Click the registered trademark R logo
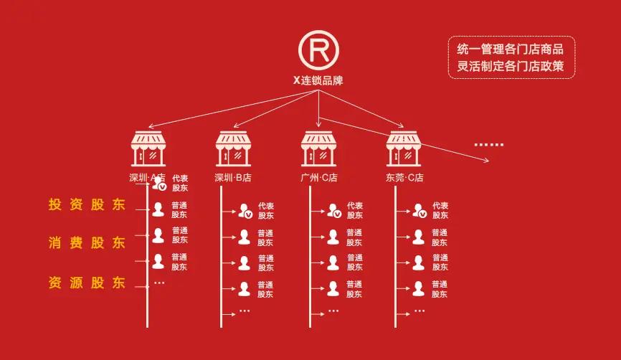tap(318, 50)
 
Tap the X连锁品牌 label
tap(318, 80)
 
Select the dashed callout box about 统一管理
tap(511, 57)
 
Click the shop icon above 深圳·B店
tap(233, 149)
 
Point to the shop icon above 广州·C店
tap(318, 149)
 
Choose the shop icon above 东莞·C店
tap(404, 149)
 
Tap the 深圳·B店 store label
tap(233, 178)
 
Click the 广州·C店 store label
tap(319, 178)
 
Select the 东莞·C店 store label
tap(404, 178)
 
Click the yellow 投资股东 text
tap(87, 205)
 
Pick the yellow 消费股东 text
tap(87, 242)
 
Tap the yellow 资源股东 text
tap(87, 283)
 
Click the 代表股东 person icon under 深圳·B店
tap(245, 211)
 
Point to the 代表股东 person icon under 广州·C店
tap(334, 211)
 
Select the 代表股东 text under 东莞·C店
tap(440, 210)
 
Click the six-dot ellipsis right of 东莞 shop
tap(489, 145)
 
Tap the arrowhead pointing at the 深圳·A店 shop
tap(151, 127)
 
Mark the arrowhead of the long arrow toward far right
tap(486, 160)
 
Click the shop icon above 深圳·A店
tap(148, 149)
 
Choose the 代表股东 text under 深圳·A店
tap(180, 183)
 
